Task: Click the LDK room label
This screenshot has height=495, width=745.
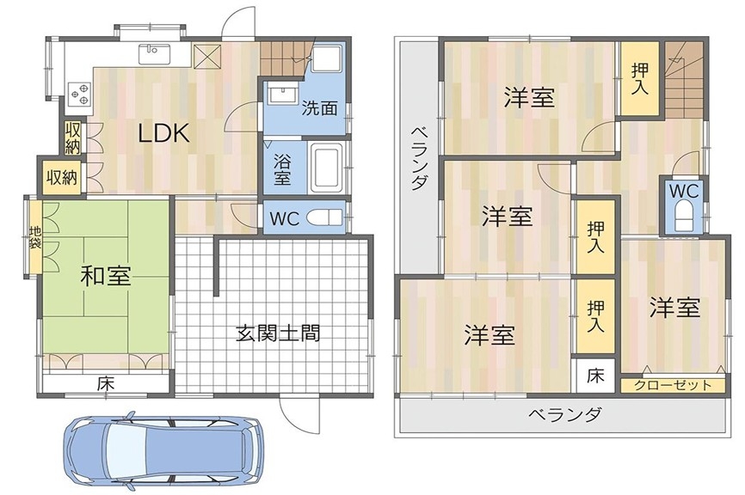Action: [x=163, y=133]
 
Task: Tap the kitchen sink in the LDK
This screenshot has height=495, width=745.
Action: [x=155, y=53]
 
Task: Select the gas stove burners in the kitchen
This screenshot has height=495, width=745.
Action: [x=80, y=94]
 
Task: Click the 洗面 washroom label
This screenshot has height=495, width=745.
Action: [x=320, y=108]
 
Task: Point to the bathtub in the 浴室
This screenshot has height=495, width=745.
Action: [x=326, y=167]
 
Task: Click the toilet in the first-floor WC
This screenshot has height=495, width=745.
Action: [x=324, y=218]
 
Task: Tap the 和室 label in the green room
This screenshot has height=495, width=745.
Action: [x=106, y=275]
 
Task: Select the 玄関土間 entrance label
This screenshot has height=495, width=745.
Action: [x=278, y=333]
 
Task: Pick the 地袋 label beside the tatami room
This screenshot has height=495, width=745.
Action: [x=35, y=237]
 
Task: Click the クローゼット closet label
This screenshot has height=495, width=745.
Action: [x=673, y=385]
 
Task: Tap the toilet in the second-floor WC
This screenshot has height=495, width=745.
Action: [x=684, y=216]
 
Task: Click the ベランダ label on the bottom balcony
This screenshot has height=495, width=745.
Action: [x=564, y=414]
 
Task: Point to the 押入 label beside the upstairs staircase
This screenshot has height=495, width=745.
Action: [x=639, y=79]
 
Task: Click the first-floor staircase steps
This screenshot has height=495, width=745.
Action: [x=284, y=58]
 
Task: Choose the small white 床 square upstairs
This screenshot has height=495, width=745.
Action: [x=595, y=376]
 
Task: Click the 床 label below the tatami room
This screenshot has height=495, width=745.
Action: [x=106, y=383]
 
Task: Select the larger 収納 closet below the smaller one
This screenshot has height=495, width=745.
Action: [x=62, y=178]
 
